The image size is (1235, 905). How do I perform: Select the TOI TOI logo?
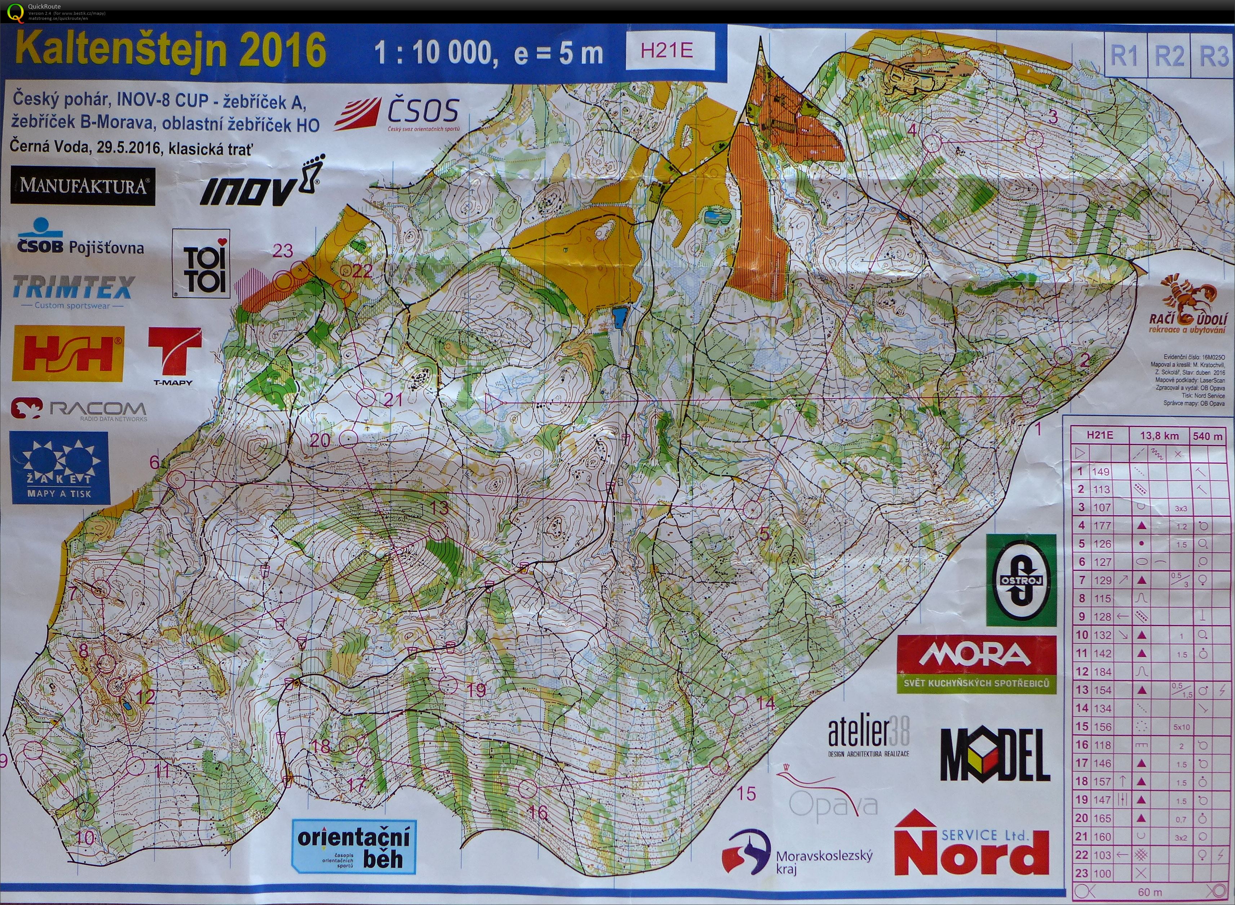pyautogui.click(x=201, y=264)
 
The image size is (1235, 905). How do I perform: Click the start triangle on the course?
pyautogui.click(x=495, y=404)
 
